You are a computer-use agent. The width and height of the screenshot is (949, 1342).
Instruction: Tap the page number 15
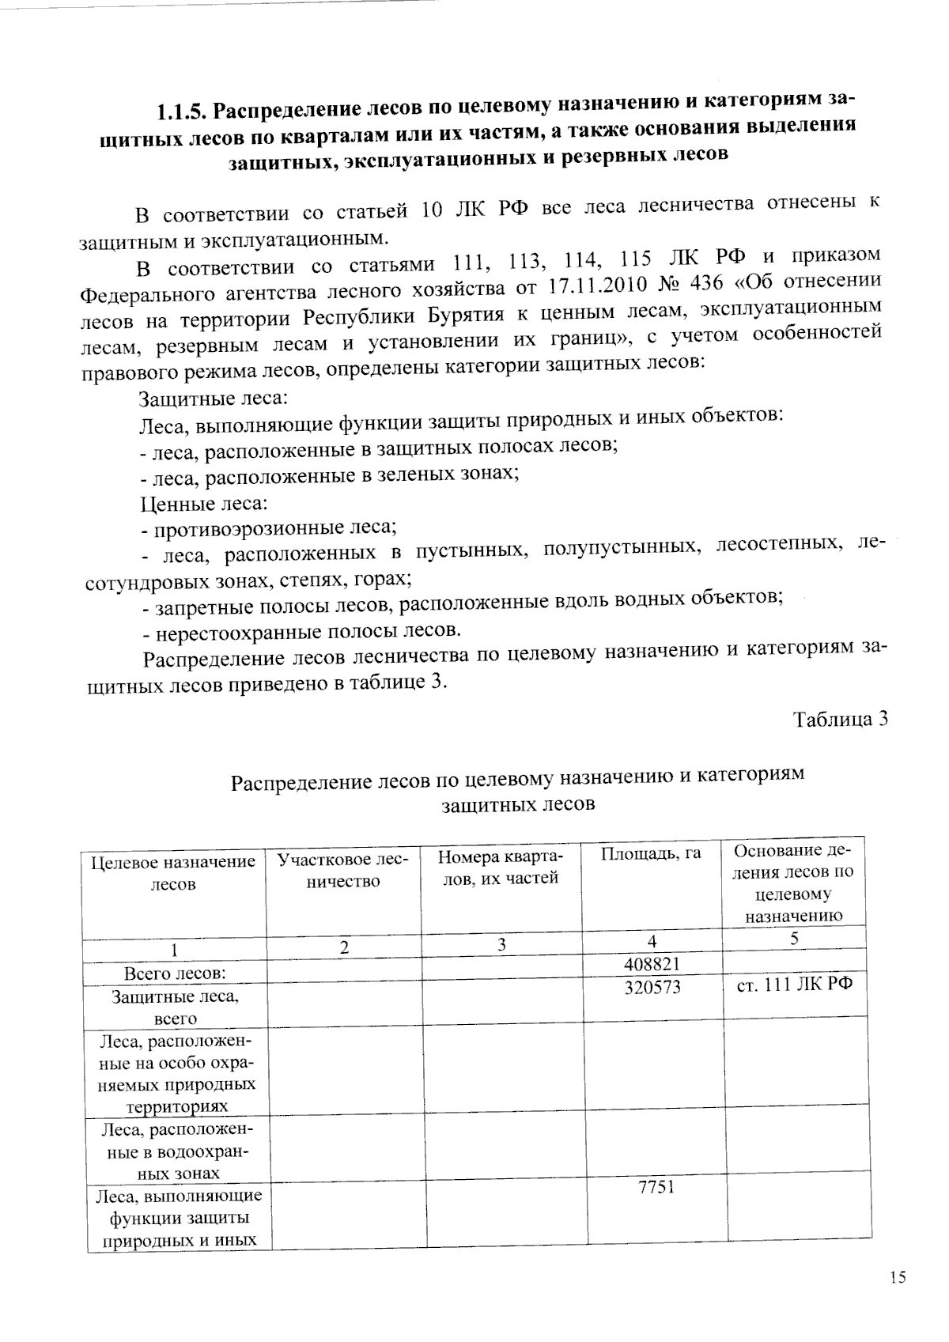(897, 1277)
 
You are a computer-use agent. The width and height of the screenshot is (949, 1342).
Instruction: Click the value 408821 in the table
(652, 964)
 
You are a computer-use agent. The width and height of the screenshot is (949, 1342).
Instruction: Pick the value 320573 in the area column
(652, 988)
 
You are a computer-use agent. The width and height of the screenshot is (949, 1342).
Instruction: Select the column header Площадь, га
(651, 854)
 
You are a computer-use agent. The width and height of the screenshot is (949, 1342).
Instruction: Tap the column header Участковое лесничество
(343, 870)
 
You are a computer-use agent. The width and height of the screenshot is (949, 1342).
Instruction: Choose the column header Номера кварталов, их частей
(499, 868)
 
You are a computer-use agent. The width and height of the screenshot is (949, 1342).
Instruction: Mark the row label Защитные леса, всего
(175, 1007)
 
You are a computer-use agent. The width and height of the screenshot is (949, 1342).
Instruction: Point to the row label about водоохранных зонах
(175, 1151)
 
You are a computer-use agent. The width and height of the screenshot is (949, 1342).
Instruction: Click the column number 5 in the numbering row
(794, 938)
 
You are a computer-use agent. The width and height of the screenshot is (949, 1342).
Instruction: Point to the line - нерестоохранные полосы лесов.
(301, 632)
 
